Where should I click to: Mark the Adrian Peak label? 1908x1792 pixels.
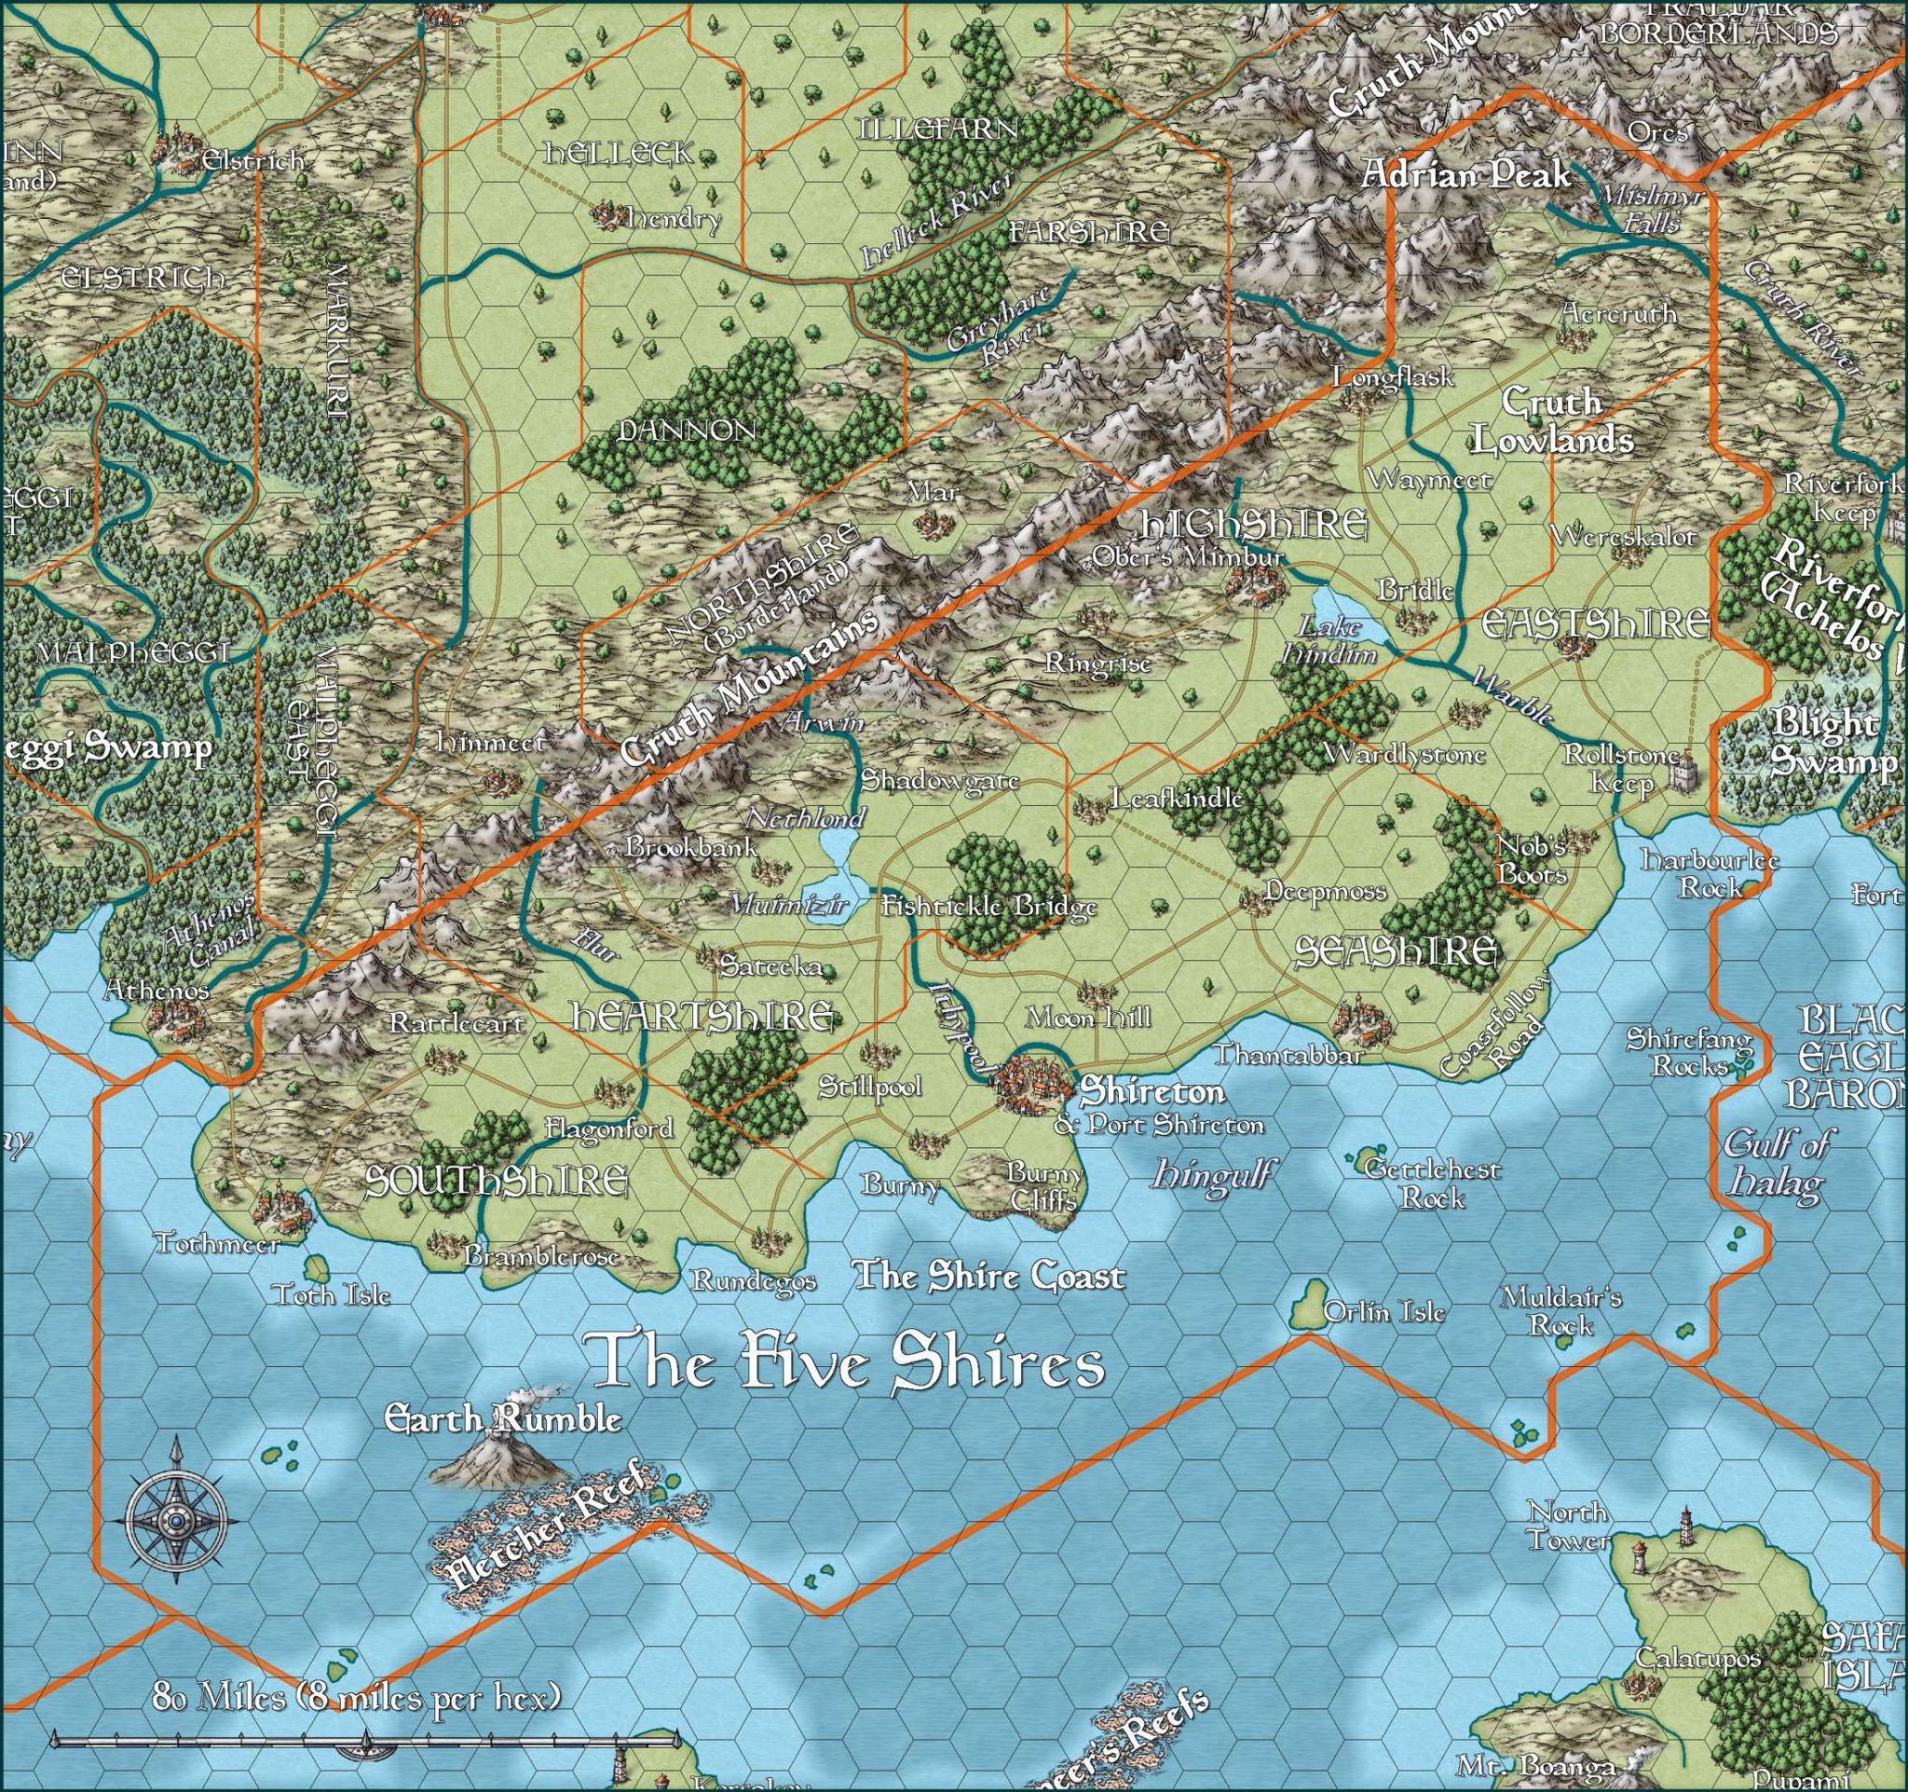coord(1465,174)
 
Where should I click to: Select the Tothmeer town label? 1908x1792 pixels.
coord(218,1245)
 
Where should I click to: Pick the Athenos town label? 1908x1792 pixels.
coord(156,990)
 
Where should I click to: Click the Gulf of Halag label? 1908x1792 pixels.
coord(1775,1162)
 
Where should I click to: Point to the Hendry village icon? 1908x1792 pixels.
coord(606,213)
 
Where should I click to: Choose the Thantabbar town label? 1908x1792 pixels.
coord(1288,1055)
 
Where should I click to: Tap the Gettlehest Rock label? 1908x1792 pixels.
coord(1431,1182)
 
